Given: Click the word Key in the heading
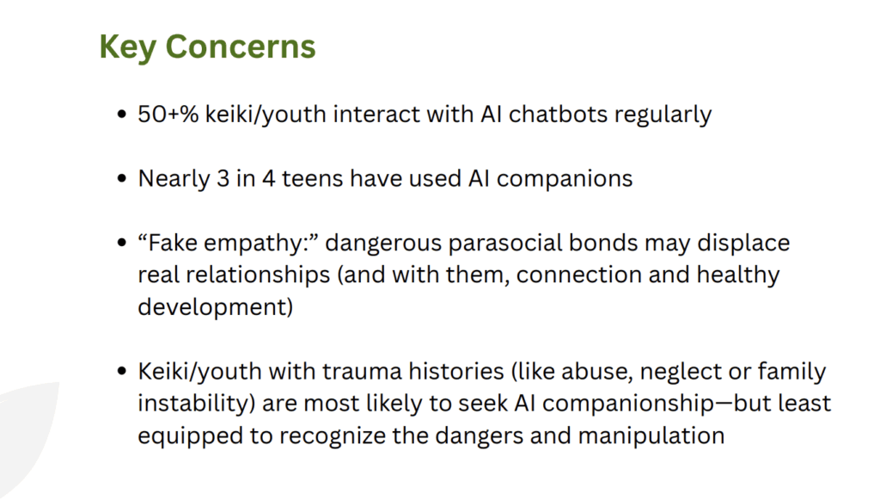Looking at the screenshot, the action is point(127,47).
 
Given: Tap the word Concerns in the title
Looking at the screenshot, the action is point(241,46).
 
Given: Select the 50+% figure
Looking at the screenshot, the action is point(168,114).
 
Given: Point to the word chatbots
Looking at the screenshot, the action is point(558,114).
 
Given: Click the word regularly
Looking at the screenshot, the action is point(663,116).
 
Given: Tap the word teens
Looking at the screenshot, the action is point(312,179).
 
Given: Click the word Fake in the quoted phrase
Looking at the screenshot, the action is point(172,243).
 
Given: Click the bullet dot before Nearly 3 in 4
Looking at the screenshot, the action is point(122,179).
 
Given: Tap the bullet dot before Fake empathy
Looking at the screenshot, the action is point(122,243).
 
